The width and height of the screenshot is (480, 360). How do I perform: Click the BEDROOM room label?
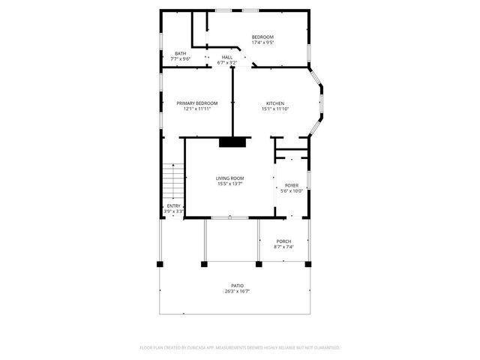coord(262,37)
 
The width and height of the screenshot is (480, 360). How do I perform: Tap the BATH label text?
coord(181,53)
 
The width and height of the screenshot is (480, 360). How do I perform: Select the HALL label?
coord(226,57)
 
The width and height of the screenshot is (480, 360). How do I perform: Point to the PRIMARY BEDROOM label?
coord(197,103)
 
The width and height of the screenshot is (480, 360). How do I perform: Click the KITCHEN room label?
coord(275,103)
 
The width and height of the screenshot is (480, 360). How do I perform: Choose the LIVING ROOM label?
coord(230,178)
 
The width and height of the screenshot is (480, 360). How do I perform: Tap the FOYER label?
coord(291,185)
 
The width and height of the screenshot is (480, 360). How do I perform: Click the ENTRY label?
coord(173,206)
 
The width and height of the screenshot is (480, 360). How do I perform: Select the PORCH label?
coord(283,241)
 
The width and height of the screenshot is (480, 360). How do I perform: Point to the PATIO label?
coord(237,286)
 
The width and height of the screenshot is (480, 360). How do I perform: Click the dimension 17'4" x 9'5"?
coord(262,43)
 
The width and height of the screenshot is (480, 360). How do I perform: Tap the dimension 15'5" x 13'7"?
coord(230,183)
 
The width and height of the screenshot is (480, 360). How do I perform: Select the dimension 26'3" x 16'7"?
coord(237,291)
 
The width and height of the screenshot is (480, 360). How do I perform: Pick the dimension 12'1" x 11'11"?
coord(197,109)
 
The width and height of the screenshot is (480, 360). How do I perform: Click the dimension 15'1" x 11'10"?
coord(275,109)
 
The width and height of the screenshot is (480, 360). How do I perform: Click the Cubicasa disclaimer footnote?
coord(240,348)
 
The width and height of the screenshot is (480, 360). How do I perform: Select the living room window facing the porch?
coord(229,217)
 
